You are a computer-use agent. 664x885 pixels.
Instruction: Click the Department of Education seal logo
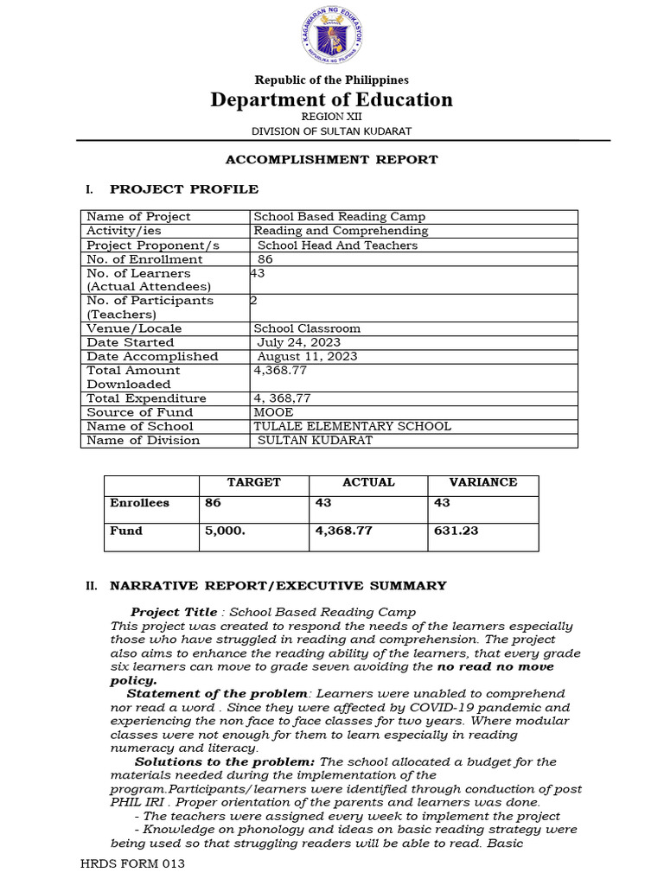tap(332, 37)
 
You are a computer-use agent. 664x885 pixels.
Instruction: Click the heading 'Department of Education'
tap(332, 99)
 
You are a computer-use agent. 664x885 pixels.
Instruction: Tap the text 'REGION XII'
tap(332, 116)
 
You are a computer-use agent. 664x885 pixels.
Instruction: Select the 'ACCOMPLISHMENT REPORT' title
tap(332, 160)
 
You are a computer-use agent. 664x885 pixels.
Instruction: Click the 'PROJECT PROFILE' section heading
tap(183, 189)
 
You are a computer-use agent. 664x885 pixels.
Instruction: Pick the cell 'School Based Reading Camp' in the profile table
tap(339, 217)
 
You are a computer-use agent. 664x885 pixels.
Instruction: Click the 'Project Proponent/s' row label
tap(153, 245)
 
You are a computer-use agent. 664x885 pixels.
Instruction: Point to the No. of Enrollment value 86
tap(266, 259)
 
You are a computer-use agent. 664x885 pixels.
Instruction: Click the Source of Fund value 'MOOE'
tap(273, 412)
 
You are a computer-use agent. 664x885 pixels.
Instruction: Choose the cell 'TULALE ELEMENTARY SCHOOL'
tap(352, 426)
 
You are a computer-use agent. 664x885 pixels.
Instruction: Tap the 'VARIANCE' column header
tap(482, 482)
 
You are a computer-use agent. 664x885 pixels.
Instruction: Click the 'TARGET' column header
tap(253, 482)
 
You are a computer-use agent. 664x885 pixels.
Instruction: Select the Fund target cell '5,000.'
tap(225, 531)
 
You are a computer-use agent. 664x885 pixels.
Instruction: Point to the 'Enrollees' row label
tap(139, 503)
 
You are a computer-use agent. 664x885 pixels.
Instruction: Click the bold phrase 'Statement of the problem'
tap(217, 694)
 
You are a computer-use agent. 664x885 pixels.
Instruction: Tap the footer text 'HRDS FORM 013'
tap(132, 863)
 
